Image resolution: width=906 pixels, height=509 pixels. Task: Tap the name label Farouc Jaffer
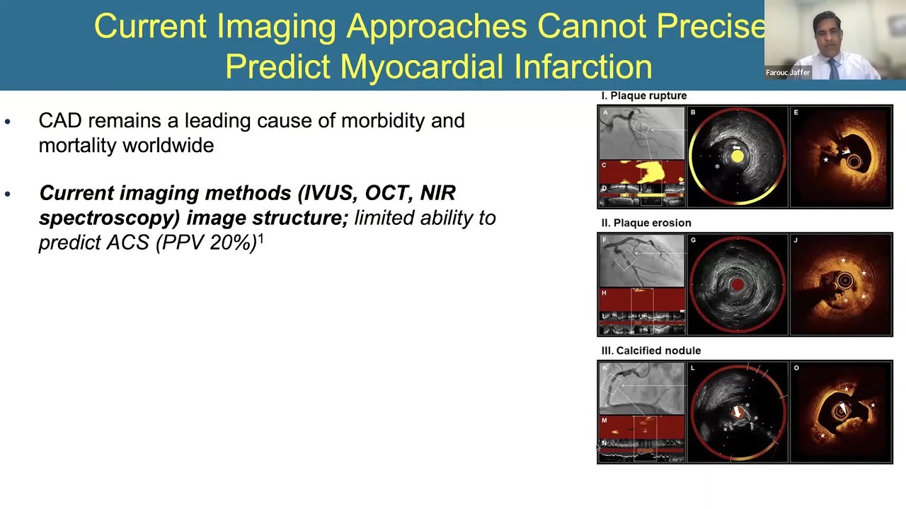click(787, 73)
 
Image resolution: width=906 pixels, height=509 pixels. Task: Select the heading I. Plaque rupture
click(643, 96)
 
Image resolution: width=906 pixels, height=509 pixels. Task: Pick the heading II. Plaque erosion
click(646, 223)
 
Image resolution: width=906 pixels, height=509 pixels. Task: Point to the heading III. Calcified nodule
click(650, 351)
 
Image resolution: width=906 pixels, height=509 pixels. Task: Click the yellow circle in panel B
click(737, 157)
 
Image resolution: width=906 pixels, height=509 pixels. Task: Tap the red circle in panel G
click(737, 284)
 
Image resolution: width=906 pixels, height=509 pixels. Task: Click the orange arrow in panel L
click(738, 412)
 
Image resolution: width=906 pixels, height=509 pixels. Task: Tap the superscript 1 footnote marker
click(260, 239)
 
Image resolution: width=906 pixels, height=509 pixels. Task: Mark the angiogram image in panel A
click(641, 132)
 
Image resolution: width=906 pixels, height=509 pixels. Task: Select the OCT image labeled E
click(841, 157)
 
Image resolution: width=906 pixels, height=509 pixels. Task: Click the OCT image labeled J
click(841, 284)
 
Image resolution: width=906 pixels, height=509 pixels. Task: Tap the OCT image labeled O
click(841, 412)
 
